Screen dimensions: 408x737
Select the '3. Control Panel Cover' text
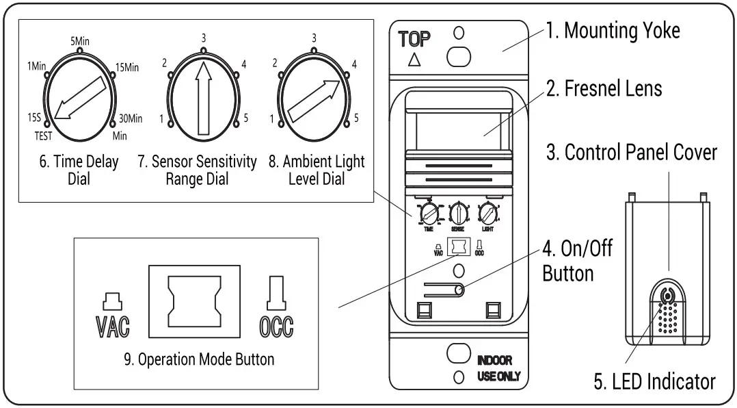pos(631,152)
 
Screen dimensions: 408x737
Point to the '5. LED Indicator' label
pos(654,381)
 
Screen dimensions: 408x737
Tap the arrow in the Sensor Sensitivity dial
pos(203,96)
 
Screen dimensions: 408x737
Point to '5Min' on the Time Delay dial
pos(80,41)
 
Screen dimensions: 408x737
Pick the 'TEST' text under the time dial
pos(43,136)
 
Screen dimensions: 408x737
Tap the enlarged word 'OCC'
pos(276,327)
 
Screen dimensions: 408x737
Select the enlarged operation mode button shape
pos(195,302)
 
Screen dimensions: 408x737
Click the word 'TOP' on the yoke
pos(414,39)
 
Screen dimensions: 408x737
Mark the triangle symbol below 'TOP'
pos(414,60)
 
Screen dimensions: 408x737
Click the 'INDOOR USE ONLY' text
pos(498,368)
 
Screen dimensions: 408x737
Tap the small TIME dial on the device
pos(429,214)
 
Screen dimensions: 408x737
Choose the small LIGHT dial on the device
pos(487,214)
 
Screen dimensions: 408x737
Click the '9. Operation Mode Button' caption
pos(199,359)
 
